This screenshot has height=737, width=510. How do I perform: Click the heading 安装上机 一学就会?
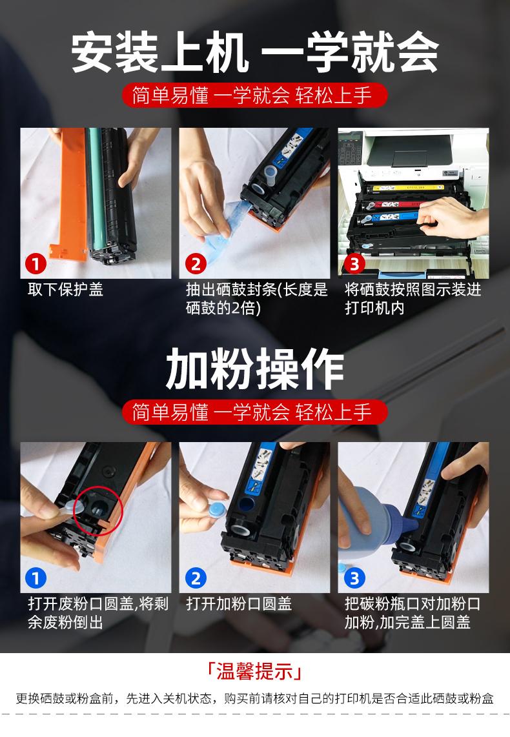255,53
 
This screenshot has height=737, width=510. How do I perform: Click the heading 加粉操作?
255,369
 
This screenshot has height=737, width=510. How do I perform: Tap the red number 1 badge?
36,264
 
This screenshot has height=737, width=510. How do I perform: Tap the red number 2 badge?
195,264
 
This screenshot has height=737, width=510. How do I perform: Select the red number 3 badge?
354,264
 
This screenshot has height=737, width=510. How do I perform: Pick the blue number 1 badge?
36,578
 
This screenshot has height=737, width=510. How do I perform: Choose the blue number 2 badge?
195,578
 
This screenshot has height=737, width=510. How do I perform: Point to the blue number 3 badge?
354,578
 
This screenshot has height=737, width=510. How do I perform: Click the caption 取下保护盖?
65,290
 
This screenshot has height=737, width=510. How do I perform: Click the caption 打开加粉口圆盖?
239,604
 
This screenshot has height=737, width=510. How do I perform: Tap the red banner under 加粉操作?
255,412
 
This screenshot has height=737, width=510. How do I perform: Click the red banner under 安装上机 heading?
255,96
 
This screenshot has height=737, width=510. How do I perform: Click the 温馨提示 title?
255,671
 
